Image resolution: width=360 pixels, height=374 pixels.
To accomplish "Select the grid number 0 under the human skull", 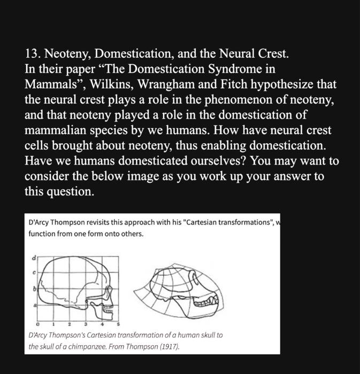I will click(39, 324).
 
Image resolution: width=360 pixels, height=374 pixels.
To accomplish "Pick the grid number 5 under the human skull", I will click(118, 324).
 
